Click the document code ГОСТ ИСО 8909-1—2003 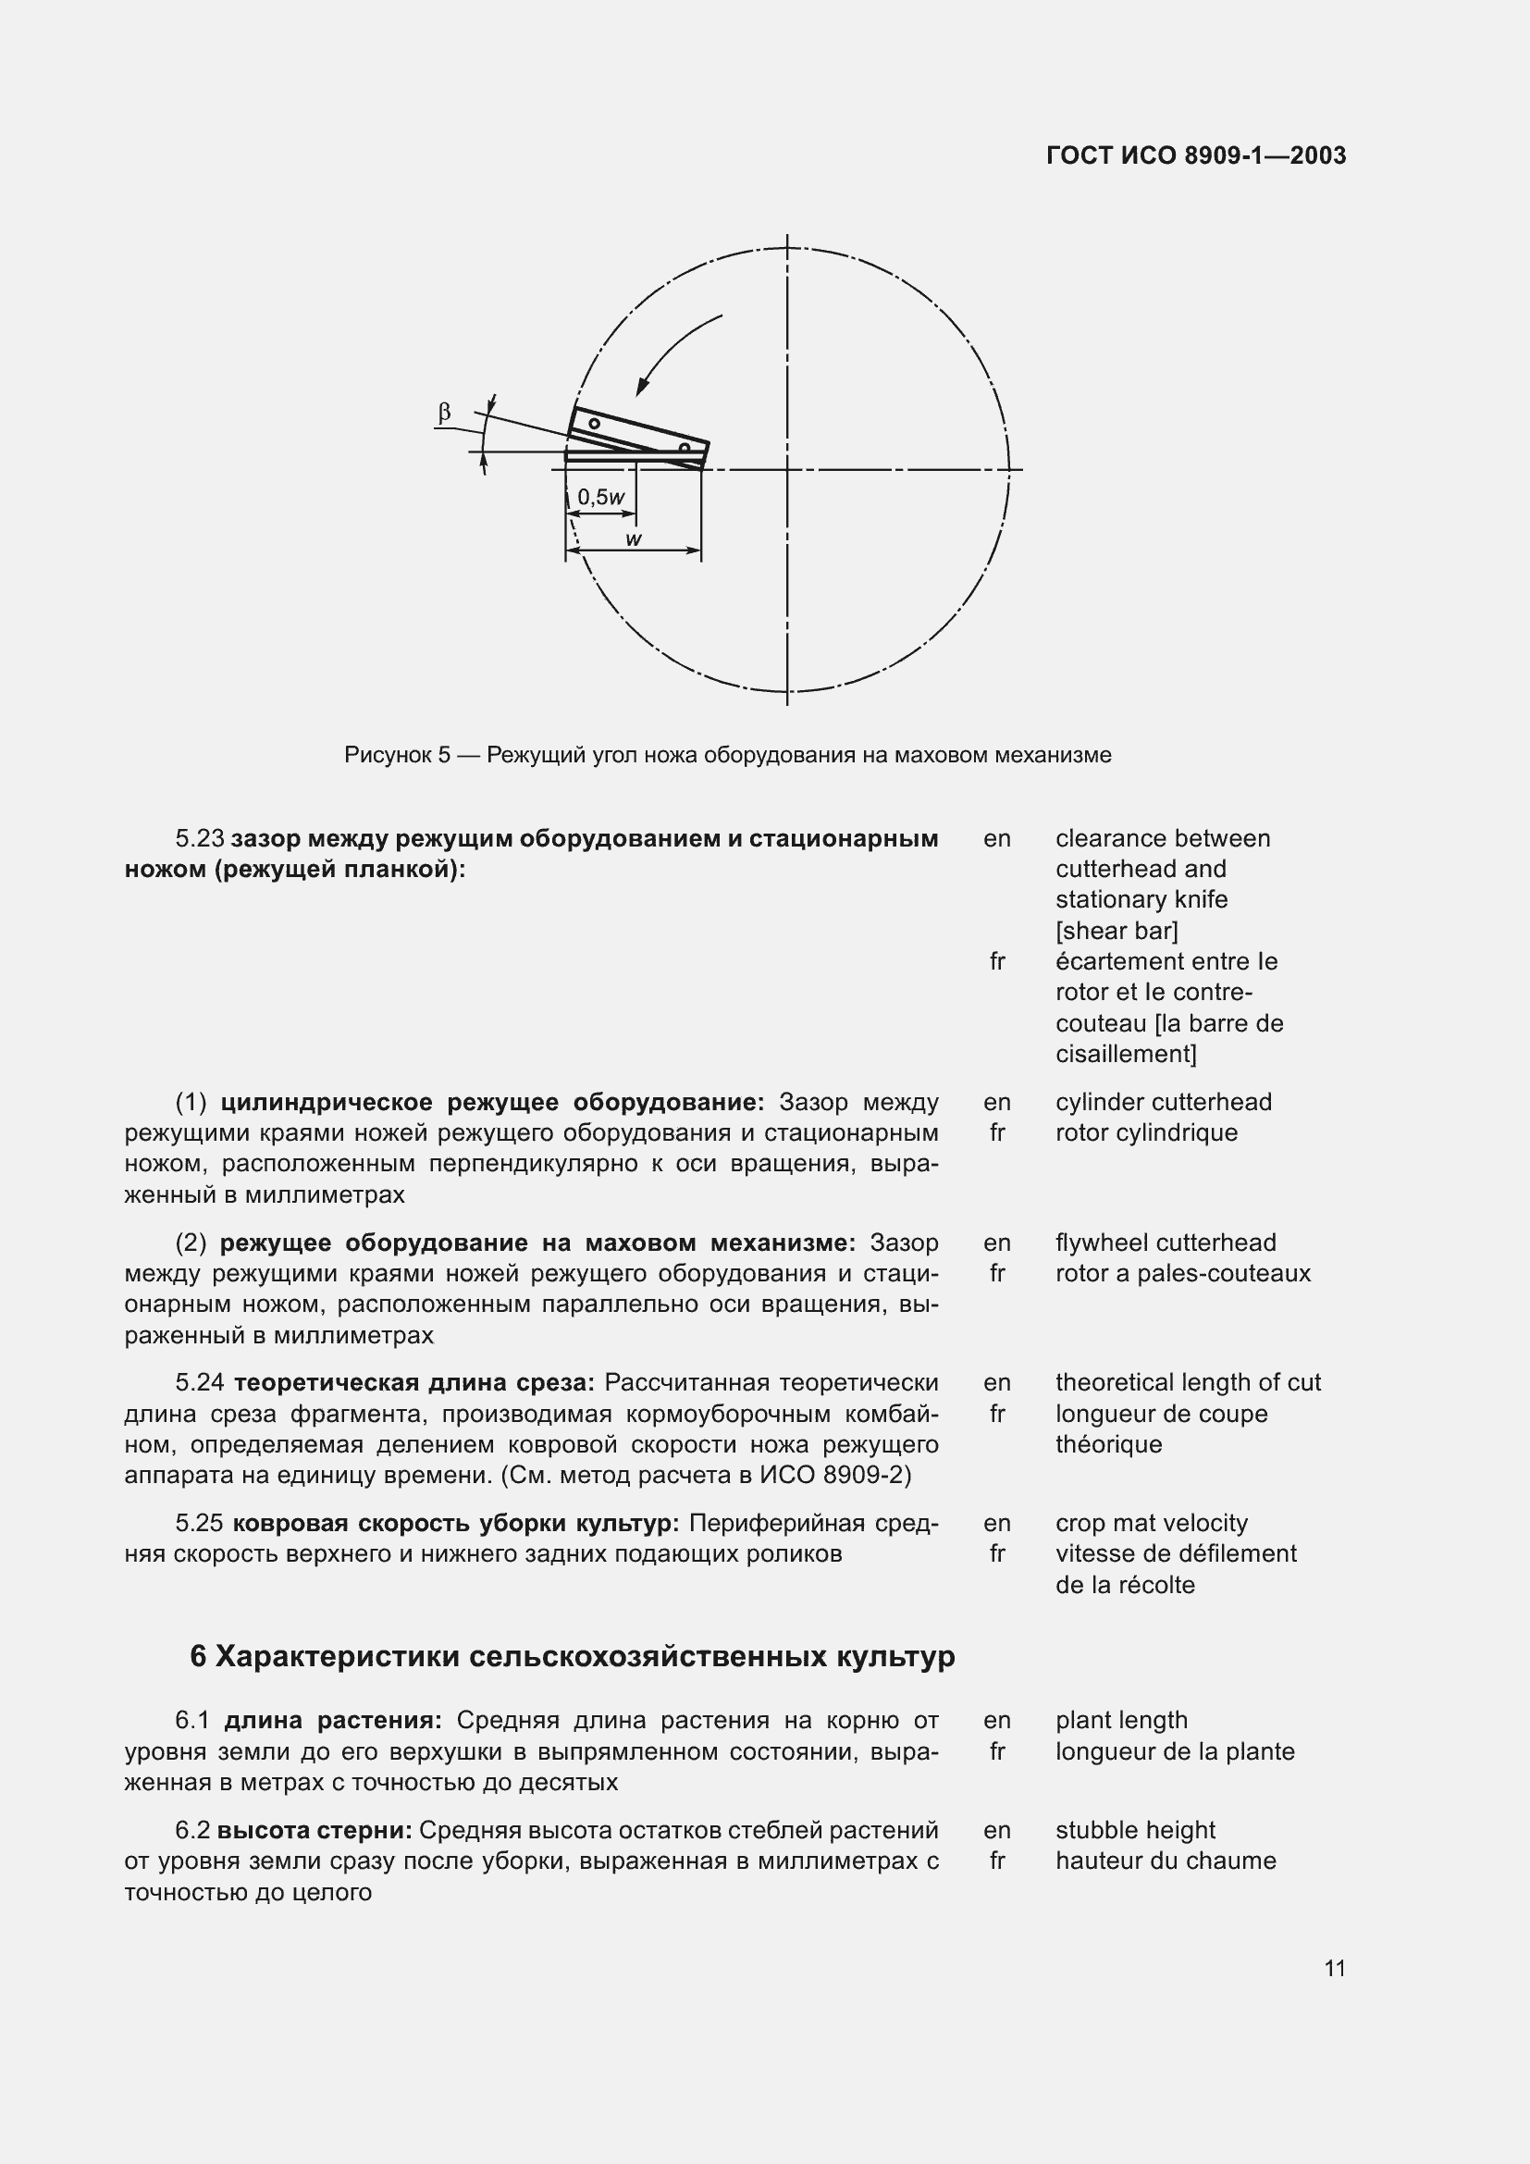[x=1195, y=155]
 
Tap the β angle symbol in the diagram [x=444, y=412]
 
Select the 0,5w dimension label [x=601, y=497]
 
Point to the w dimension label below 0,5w [x=634, y=539]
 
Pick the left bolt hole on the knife [x=595, y=424]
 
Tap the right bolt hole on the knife [x=685, y=448]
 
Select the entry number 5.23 [x=200, y=838]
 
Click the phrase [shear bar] [x=1117, y=930]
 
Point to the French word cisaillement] [x=1126, y=1053]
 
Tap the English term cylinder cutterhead [x=1163, y=1102]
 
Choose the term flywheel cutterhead [x=1166, y=1243]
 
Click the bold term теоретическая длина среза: [x=413, y=1382]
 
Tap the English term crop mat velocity [x=1152, y=1523]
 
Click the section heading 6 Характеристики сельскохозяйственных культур [x=572, y=1656]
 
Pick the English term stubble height [x=1134, y=1829]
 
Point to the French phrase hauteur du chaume [x=1166, y=1861]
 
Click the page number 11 [x=1334, y=1968]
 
